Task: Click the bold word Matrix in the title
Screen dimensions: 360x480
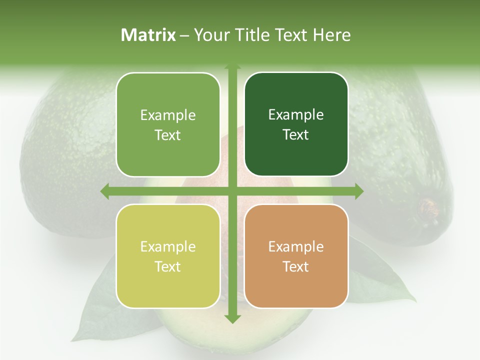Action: pos(148,35)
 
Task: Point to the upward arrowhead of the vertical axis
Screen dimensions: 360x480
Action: pos(232,67)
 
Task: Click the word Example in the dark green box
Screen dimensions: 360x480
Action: pos(296,115)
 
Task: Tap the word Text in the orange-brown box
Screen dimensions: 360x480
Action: pos(296,266)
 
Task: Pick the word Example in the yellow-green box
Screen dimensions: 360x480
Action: pos(168,247)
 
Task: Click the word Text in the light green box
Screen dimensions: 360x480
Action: pos(168,135)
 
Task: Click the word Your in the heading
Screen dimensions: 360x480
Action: pos(209,35)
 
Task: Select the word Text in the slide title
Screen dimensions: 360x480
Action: pos(286,35)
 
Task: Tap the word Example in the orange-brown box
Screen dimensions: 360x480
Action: pos(296,247)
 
